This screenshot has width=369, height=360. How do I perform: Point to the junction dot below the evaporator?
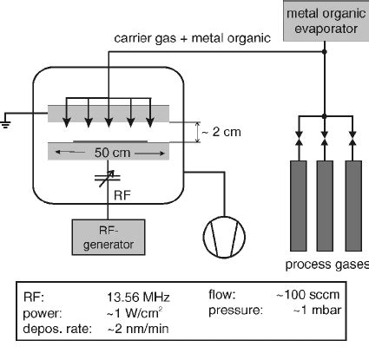324,51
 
